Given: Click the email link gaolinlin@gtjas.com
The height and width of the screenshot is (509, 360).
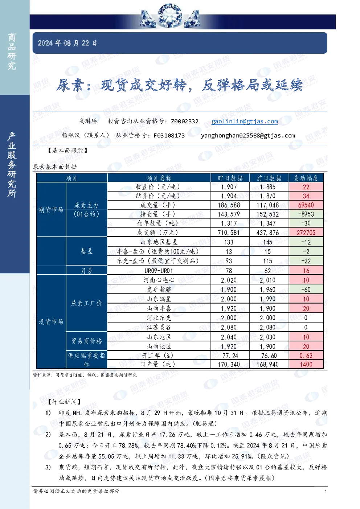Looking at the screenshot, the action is [245, 122].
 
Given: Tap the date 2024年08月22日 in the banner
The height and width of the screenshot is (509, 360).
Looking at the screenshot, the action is [67, 43].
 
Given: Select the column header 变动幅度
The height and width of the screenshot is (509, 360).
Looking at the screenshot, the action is [306, 178].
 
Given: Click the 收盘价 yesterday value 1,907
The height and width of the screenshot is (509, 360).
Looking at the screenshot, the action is [229, 187].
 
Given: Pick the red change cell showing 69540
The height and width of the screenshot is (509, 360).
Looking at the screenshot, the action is [306, 205].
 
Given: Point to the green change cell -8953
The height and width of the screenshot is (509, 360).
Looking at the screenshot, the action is [306, 214].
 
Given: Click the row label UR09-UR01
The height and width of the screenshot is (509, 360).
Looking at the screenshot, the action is [159, 271].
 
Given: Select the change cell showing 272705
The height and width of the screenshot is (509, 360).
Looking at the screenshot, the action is [306, 233].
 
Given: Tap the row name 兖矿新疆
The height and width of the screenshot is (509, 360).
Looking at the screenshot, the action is [159, 290].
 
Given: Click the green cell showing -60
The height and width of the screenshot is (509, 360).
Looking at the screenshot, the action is [306, 290].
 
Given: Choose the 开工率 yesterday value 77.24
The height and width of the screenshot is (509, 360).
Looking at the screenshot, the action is [229, 356].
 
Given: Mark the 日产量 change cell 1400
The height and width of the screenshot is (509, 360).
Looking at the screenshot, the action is [306, 364].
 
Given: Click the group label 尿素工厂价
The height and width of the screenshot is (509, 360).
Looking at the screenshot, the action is [86, 303].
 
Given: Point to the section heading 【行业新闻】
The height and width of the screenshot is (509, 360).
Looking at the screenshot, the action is [65, 402].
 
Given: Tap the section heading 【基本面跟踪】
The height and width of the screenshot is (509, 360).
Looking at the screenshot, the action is [67, 151].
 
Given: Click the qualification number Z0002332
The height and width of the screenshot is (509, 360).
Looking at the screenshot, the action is [185, 122].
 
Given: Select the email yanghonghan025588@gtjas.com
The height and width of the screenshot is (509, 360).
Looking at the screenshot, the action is [248, 136].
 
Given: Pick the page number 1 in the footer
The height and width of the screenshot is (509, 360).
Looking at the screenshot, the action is [326, 492].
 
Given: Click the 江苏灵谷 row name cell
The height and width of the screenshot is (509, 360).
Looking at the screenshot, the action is [159, 327].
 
